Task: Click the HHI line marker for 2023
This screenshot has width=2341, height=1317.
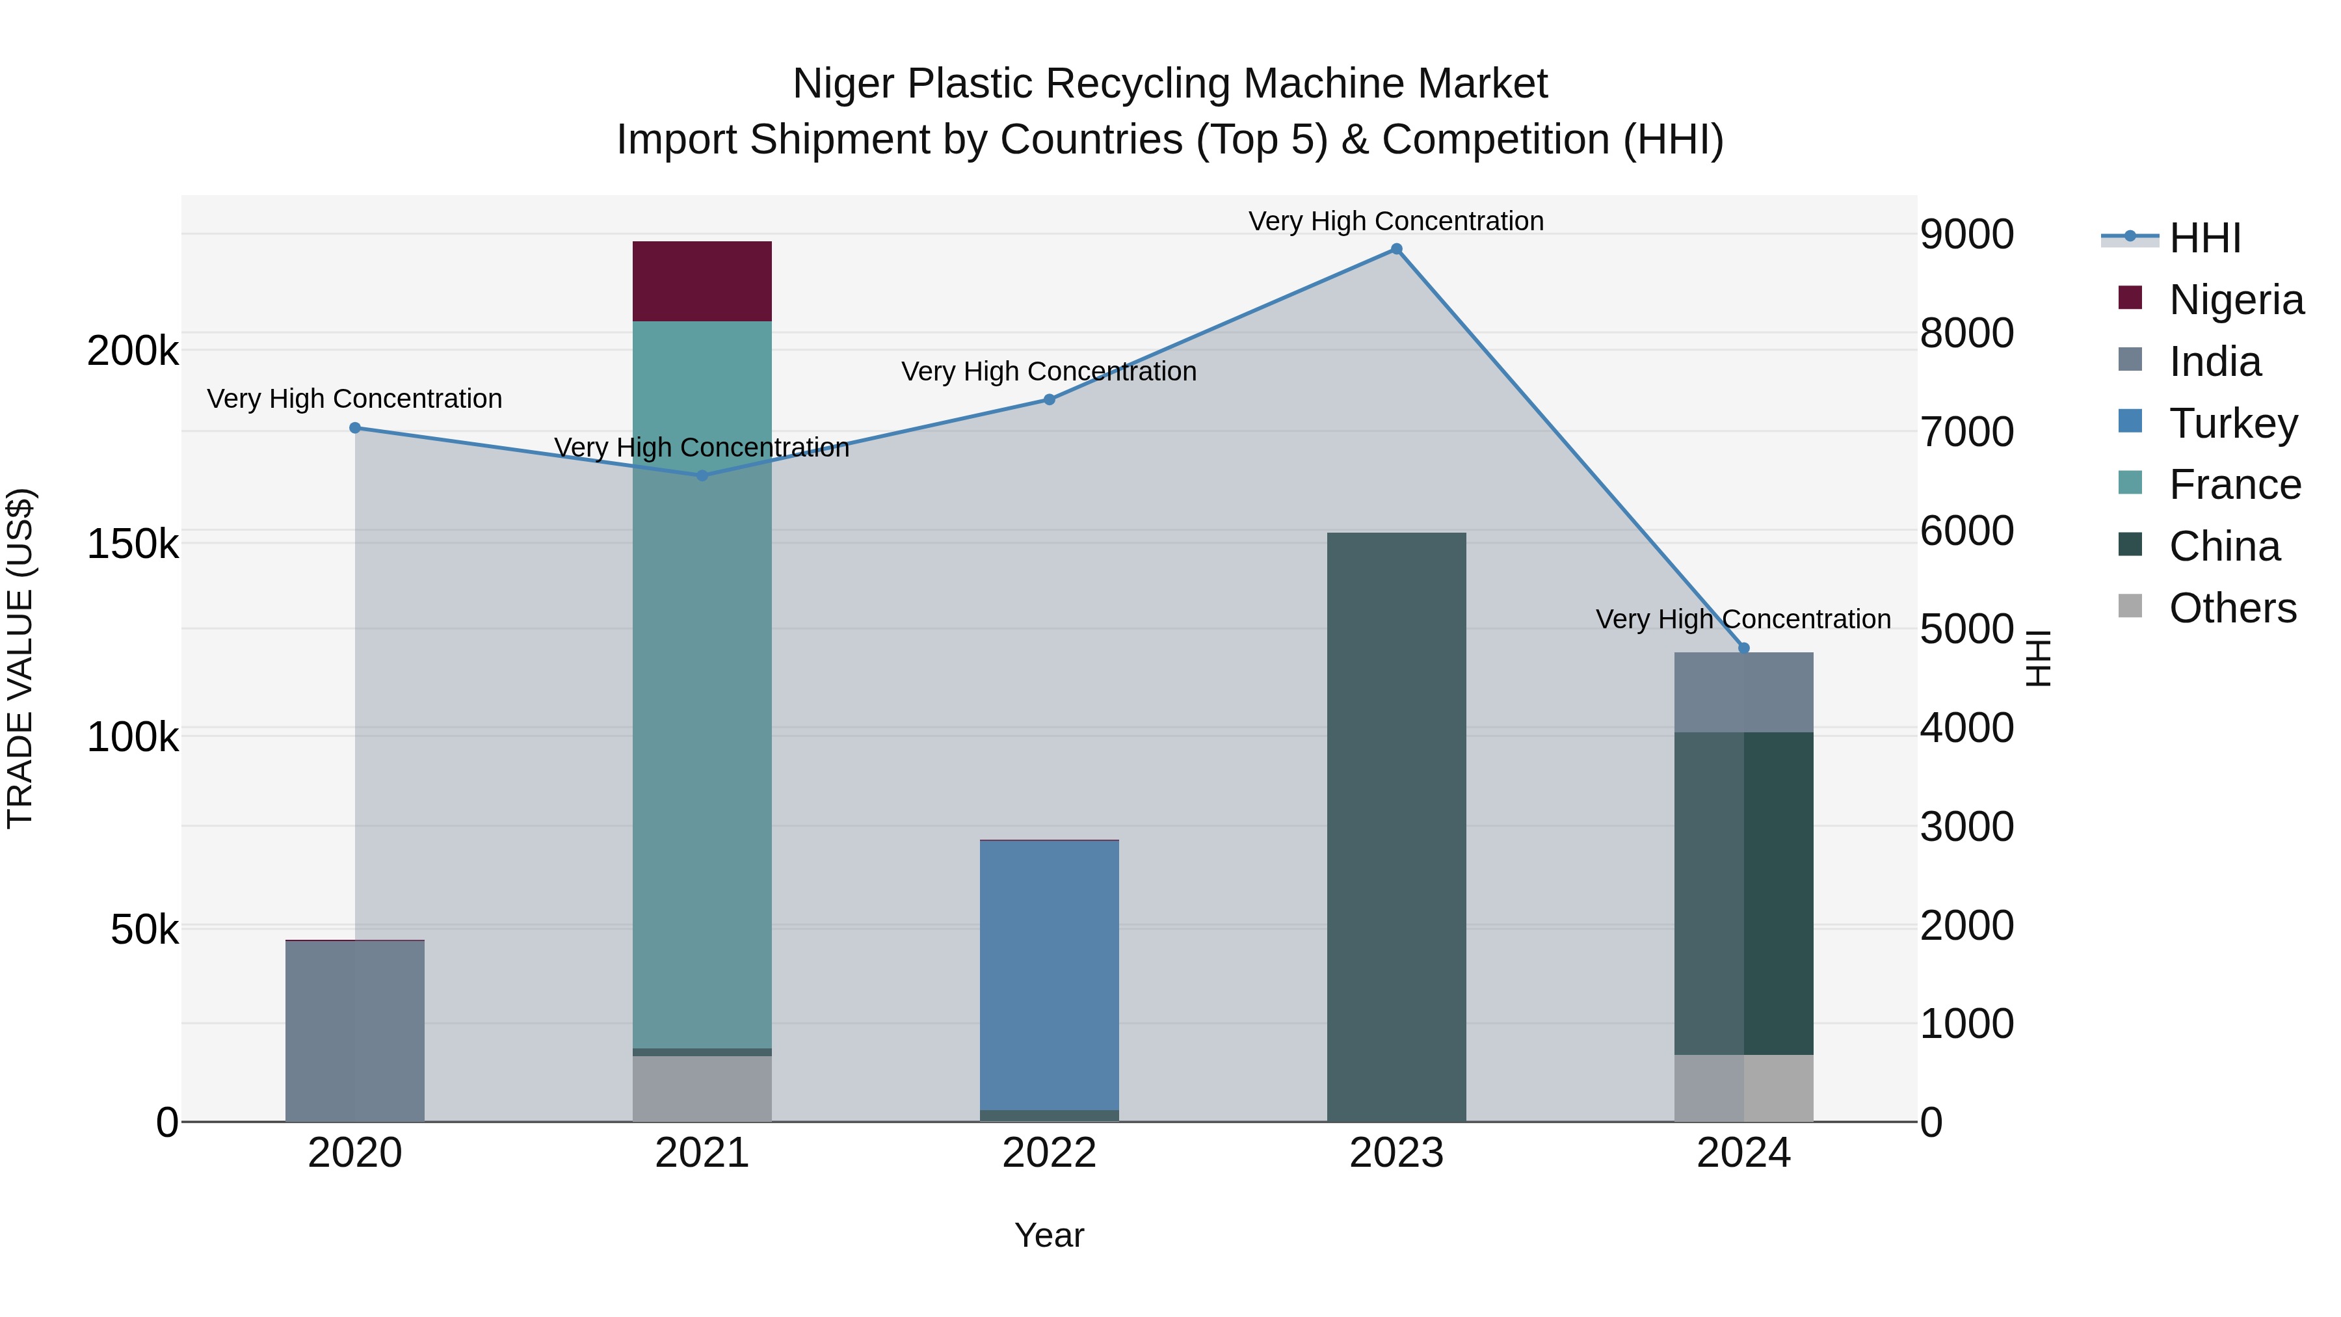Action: pos(1396,249)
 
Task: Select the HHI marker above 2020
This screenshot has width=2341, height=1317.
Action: pos(355,428)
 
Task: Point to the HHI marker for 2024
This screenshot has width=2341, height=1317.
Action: pos(1743,648)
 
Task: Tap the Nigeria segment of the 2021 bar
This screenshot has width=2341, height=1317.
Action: pos(702,281)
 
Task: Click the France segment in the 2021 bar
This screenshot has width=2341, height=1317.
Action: pos(702,682)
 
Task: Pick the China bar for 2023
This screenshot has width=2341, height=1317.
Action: pos(1396,827)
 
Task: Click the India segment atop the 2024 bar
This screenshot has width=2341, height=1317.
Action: pos(1743,693)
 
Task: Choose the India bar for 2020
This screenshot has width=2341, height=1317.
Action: pos(355,1031)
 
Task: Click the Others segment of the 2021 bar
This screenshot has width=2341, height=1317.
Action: pos(702,1088)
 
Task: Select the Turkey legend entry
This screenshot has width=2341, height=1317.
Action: pos(2233,423)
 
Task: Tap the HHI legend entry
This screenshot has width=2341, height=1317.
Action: pos(2204,238)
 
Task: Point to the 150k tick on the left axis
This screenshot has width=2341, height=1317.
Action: pos(133,544)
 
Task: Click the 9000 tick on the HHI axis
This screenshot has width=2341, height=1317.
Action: pos(1966,235)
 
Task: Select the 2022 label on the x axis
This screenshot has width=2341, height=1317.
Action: pos(1049,1153)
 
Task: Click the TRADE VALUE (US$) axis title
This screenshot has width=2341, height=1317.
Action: pos(20,658)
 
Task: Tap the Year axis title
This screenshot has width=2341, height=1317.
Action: pos(1049,1235)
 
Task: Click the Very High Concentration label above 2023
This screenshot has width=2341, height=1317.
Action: pos(1396,221)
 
